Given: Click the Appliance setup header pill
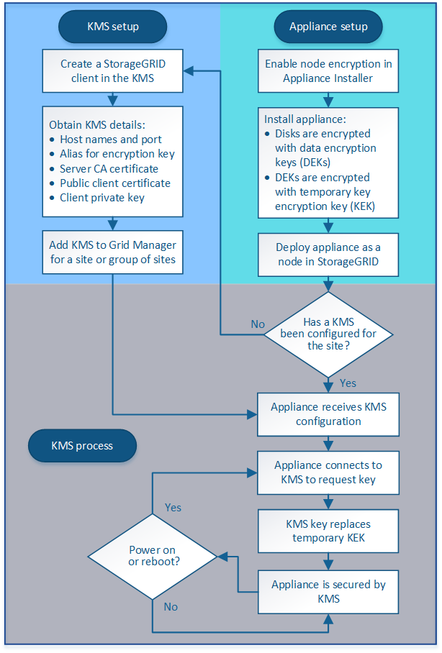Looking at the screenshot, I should pos(328,27).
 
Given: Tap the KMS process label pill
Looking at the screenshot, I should pos(82,445).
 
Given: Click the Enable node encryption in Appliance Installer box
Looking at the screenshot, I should pos(328,70).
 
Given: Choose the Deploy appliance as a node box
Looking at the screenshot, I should pos(328,254).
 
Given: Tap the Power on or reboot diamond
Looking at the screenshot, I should pos(153,557).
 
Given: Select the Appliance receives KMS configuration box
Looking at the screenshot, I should pos(328,414).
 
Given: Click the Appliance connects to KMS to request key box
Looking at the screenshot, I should pos(328,472).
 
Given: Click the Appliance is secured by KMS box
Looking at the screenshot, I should pos(328,591).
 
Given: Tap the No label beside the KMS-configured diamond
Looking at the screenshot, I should pos(258,324).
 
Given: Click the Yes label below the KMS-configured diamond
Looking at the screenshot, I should pos(347,383).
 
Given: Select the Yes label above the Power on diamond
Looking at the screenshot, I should pos(173,507).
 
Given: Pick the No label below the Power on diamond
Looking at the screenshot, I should pos(171,607).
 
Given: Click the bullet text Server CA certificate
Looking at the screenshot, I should pos(109,168).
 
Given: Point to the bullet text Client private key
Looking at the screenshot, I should pos(102,198).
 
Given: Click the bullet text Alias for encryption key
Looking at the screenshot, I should pos(117,154).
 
